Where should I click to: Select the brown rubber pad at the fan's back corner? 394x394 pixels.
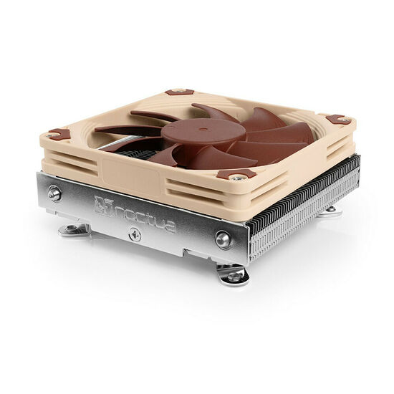point(180,92)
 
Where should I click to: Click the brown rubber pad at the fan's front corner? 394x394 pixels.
point(236,174)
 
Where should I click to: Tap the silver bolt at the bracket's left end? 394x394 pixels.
point(54,193)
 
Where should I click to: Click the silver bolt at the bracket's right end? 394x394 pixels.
point(224,240)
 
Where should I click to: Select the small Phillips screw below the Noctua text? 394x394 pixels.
point(134,234)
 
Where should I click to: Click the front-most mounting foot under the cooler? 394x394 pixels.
point(233,274)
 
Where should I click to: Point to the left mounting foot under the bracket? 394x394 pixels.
point(74,230)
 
